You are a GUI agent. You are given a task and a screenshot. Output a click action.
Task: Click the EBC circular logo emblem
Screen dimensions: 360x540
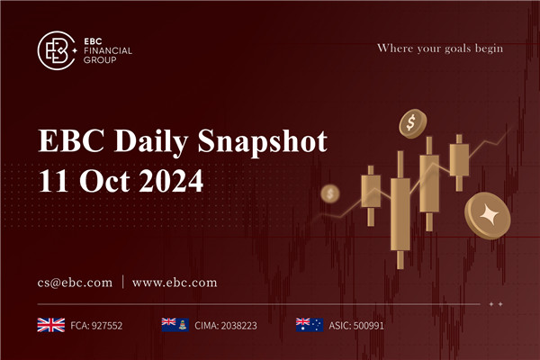(x=56, y=50)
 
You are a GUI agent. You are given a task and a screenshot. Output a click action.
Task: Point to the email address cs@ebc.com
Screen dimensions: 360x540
(x=74, y=282)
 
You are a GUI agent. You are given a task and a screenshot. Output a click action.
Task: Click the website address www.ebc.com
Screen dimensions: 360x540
(x=175, y=282)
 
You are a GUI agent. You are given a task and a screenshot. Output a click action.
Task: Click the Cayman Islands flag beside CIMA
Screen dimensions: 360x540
(x=173, y=324)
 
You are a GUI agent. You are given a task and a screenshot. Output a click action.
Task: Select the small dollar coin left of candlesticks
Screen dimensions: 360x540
(x=330, y=193)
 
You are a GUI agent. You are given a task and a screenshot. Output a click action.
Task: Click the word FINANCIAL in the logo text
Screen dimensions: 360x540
(x=107, y=50)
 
